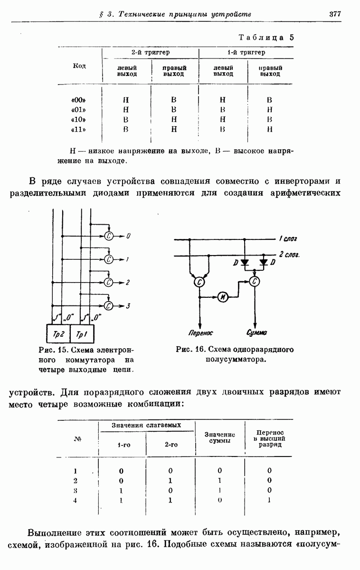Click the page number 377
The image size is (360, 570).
click(335, 14)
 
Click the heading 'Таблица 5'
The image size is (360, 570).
click(266, 38)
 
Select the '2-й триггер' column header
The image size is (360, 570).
click(151, 52)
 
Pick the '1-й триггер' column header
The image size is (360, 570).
click(246, 52)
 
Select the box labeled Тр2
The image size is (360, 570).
click(58, 335)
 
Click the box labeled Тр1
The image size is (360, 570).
click(82, 335)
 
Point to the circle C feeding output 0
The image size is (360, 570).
click(109, 236)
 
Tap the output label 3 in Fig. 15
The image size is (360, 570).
click(128, 306)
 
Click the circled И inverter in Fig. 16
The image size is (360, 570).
click(223, 297)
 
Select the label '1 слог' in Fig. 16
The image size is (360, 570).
click(288, 238)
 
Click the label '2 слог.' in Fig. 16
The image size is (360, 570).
click(289, 255)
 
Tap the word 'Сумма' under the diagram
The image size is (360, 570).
click(256, 333)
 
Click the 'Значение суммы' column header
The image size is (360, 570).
click(219, 437)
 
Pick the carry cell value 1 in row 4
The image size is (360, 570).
click(269, 500)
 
